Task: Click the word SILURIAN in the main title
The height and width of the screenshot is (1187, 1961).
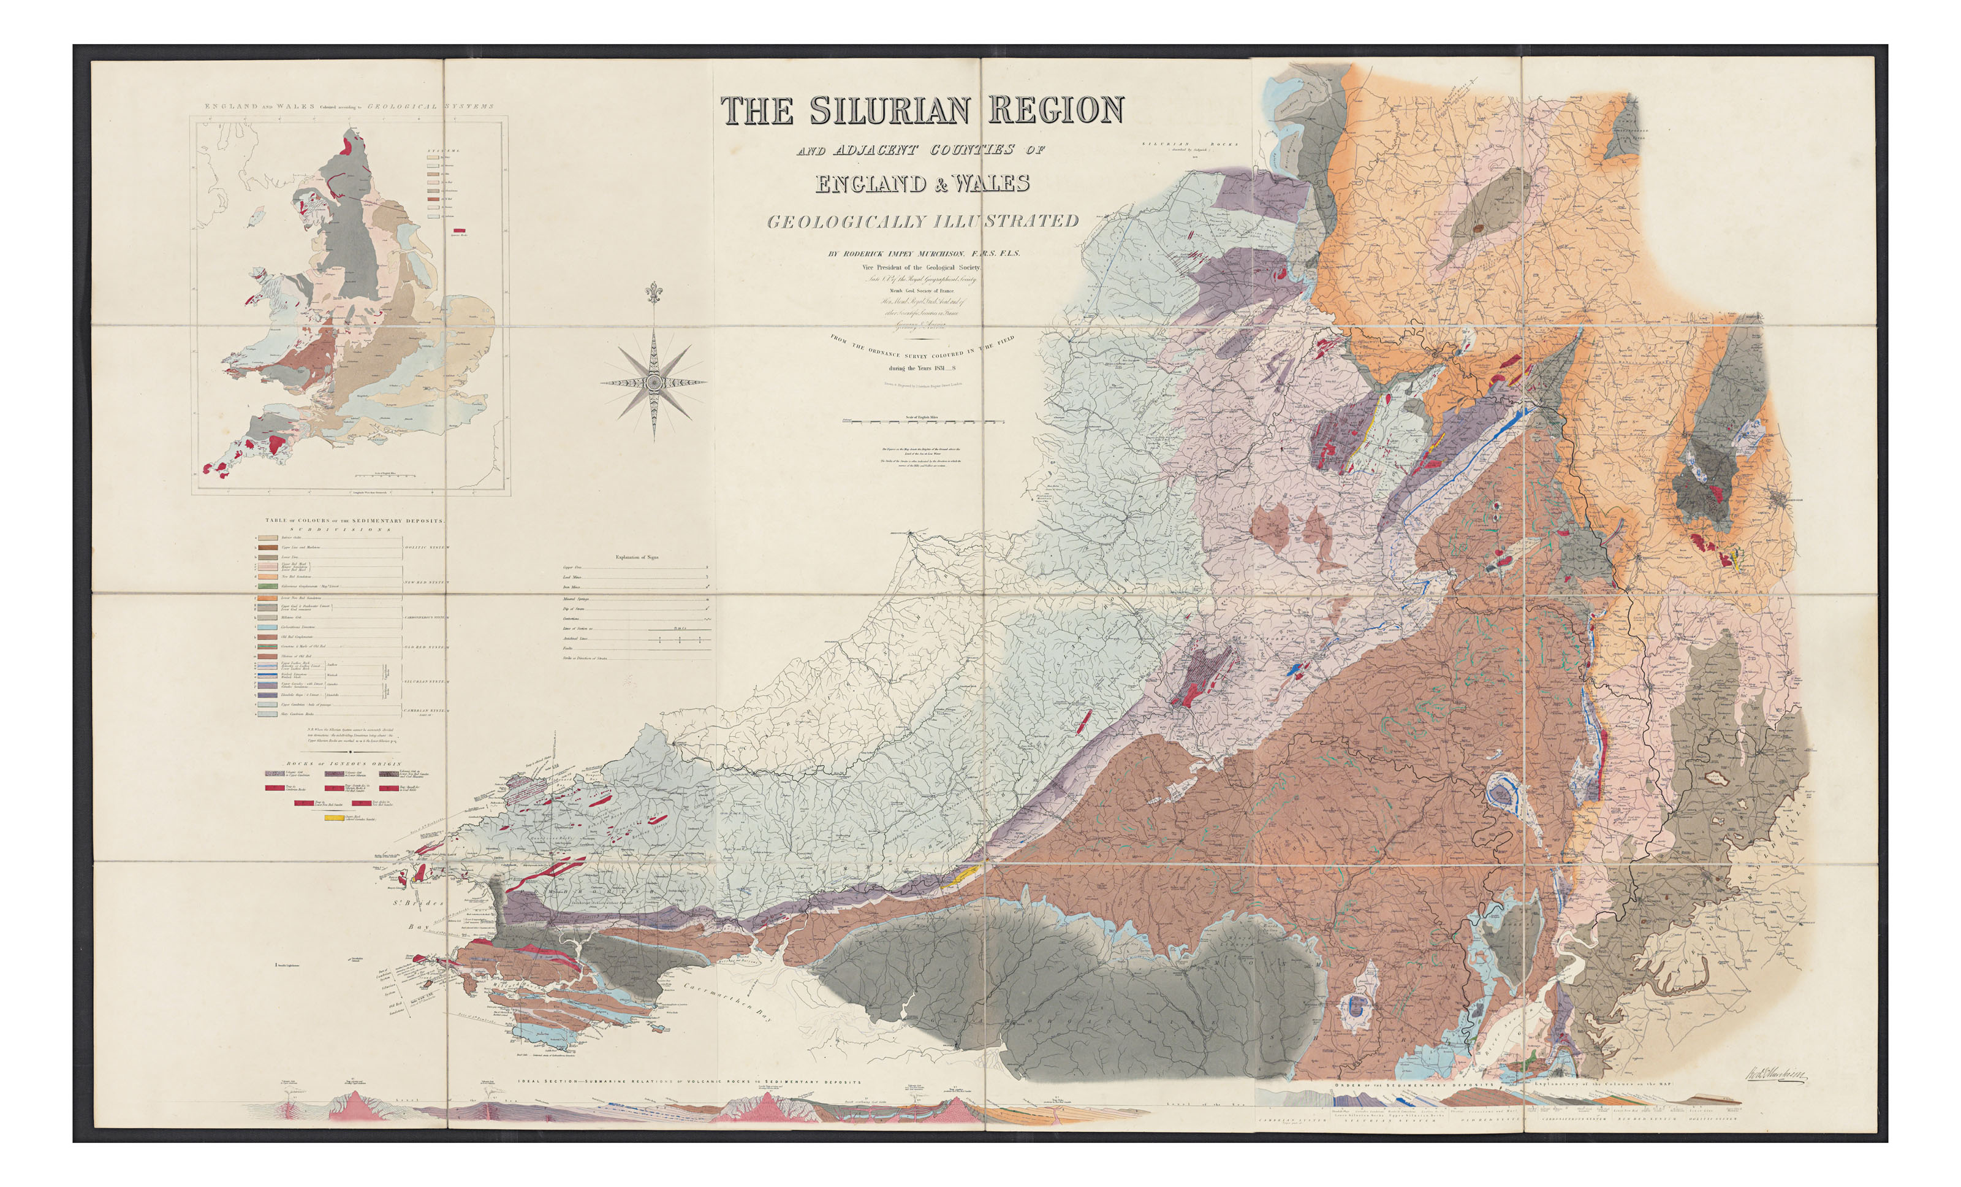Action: (892, 110)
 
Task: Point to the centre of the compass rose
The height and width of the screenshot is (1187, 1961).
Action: (653, 384)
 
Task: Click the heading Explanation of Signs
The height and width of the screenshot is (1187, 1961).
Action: (637, 557)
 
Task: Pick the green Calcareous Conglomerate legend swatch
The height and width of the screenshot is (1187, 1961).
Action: (267, 586)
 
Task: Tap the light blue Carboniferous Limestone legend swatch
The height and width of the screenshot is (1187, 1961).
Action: (267, 627)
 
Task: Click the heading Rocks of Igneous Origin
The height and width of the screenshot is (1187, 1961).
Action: (344, 763)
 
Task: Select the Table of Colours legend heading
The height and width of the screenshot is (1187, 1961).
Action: (354, 521)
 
